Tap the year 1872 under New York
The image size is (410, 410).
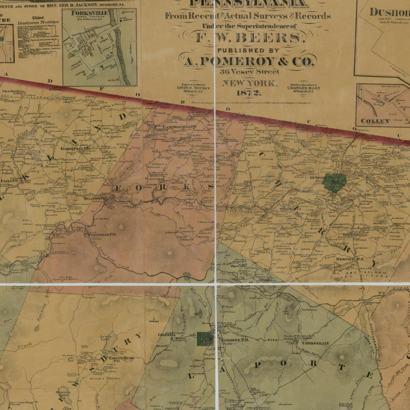(248, 93)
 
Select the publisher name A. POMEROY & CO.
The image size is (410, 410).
(248, 61)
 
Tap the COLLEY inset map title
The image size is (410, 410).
(375, 121)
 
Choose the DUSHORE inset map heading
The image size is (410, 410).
(389, 13)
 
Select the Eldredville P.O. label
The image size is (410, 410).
(74, 149)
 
